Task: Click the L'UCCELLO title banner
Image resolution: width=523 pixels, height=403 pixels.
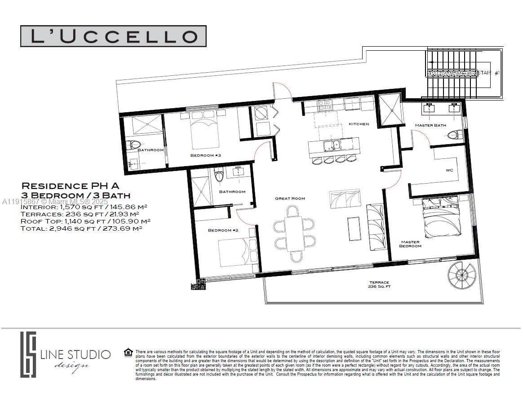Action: coord(113,36)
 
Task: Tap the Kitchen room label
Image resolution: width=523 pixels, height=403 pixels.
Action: coord(359,124)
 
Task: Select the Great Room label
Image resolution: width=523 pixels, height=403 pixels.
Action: coord(290,198)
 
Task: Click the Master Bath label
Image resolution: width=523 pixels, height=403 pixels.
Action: coord(430,125)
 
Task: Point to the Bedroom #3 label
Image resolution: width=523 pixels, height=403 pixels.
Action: coord(205,155)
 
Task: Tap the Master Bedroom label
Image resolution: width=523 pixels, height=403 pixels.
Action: coord(410,244)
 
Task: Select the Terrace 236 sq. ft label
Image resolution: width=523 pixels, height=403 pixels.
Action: coord(379,284)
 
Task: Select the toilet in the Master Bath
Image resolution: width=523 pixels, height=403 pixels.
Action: coord(455,135)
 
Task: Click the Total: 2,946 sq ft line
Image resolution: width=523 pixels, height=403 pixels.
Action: coord(81,228)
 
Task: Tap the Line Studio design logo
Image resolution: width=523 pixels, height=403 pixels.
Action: coord(65,355)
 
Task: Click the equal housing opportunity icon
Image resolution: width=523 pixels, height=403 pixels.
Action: coord(128,353)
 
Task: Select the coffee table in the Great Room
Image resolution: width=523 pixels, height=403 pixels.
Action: coord(353,228)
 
